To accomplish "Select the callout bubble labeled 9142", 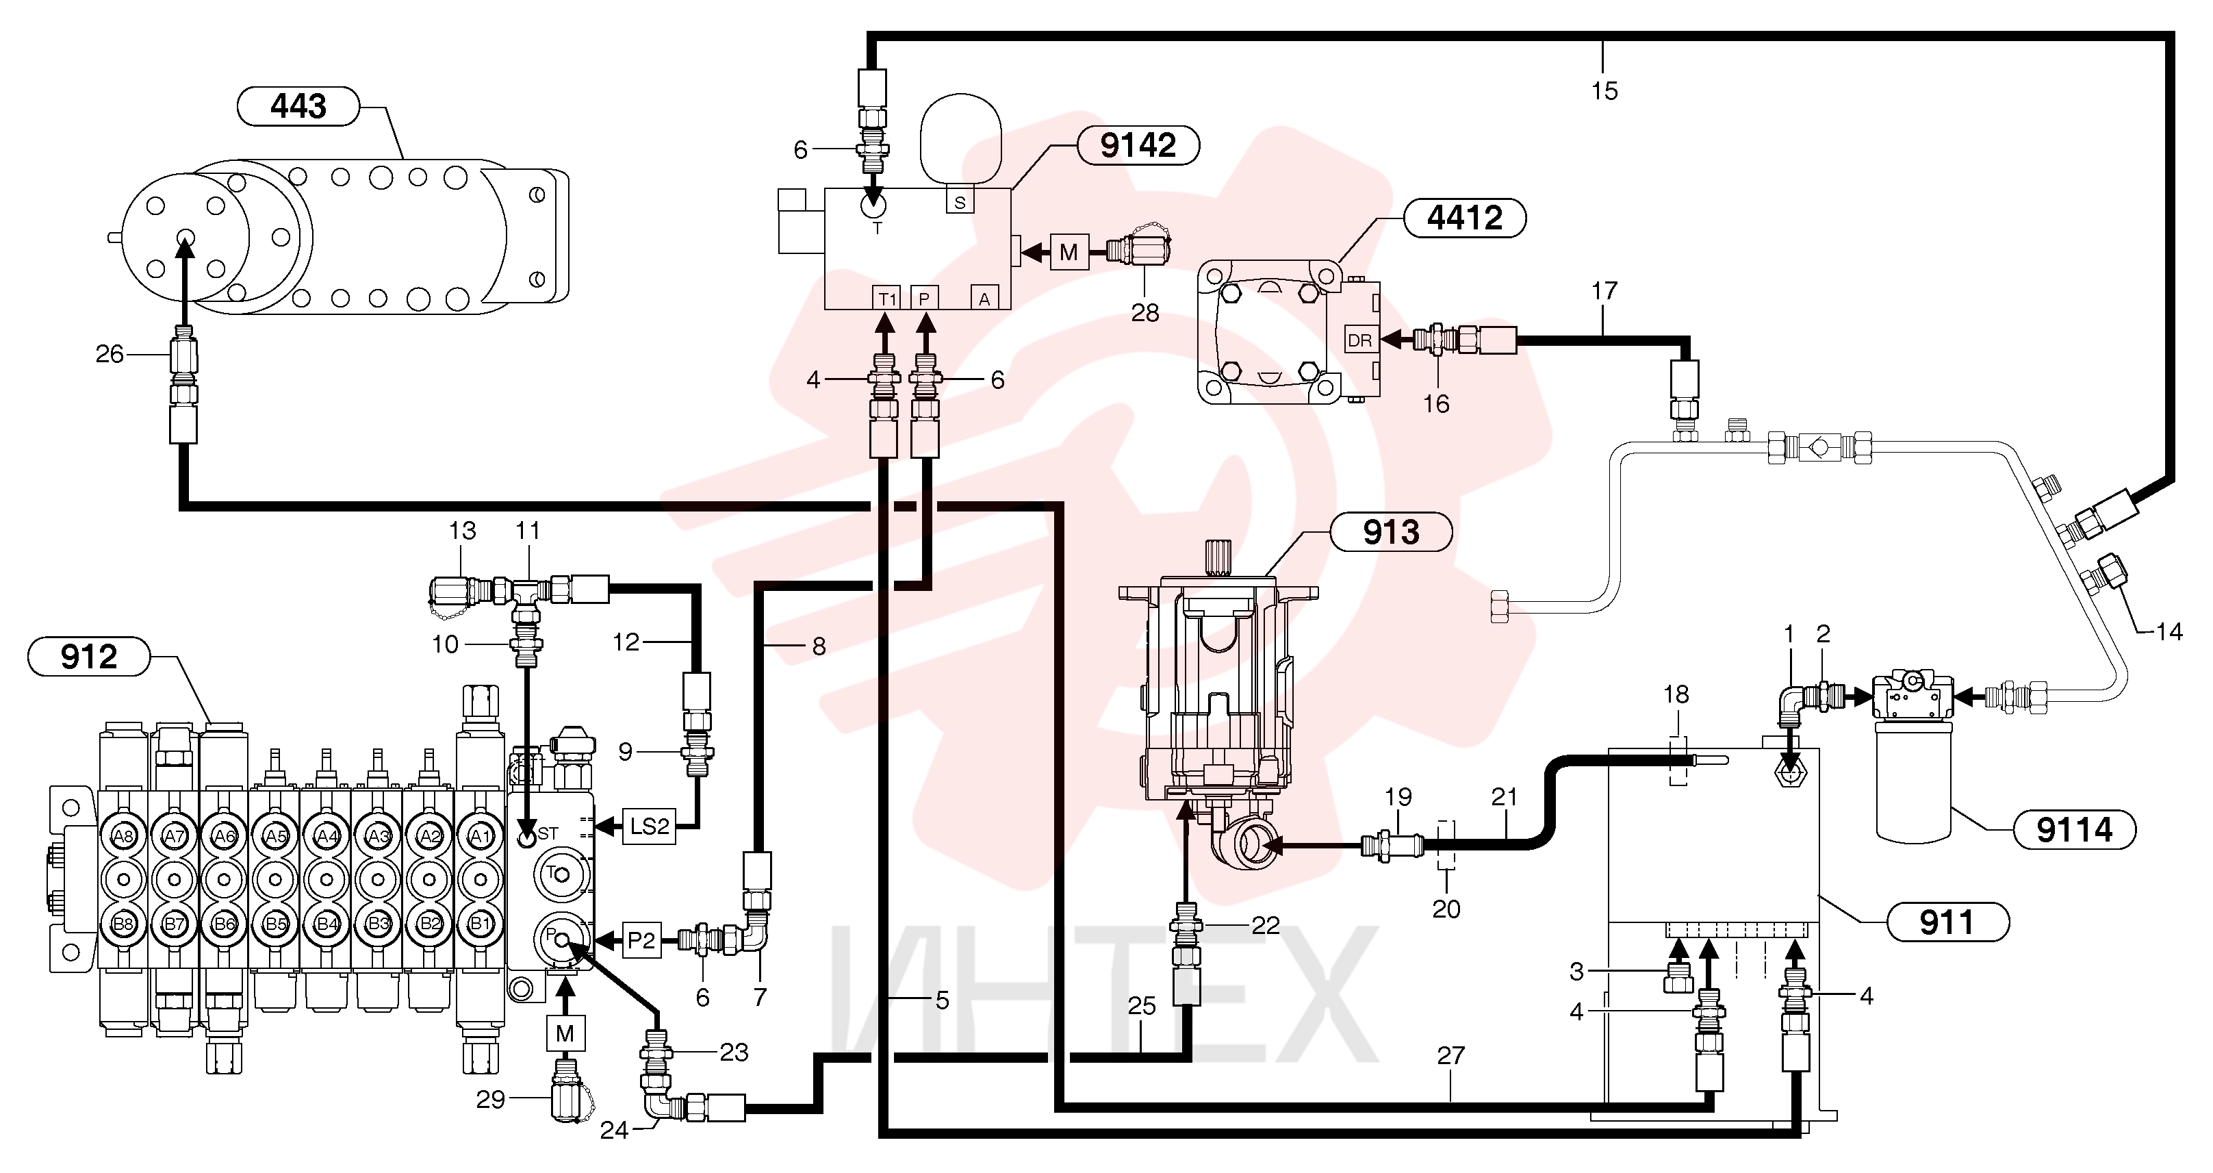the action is [1138, 145].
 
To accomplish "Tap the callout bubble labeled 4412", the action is [1465, 218].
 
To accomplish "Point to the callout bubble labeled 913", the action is [1391, 533].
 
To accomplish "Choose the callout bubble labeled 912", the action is [88, 657].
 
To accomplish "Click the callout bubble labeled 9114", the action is [2074, 830].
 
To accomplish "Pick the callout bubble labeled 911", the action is [1947, 923].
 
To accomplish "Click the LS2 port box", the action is [649, 827].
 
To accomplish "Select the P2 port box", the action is [641, 940].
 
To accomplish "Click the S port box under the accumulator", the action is [960, 202].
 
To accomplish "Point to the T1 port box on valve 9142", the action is [886, 298].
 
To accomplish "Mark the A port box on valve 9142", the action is [984, 298].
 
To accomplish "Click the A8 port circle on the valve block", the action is [123, 836].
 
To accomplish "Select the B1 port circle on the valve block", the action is [481, 924].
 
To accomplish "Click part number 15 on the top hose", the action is [1604, 90].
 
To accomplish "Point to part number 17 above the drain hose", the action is [1604, 291].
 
